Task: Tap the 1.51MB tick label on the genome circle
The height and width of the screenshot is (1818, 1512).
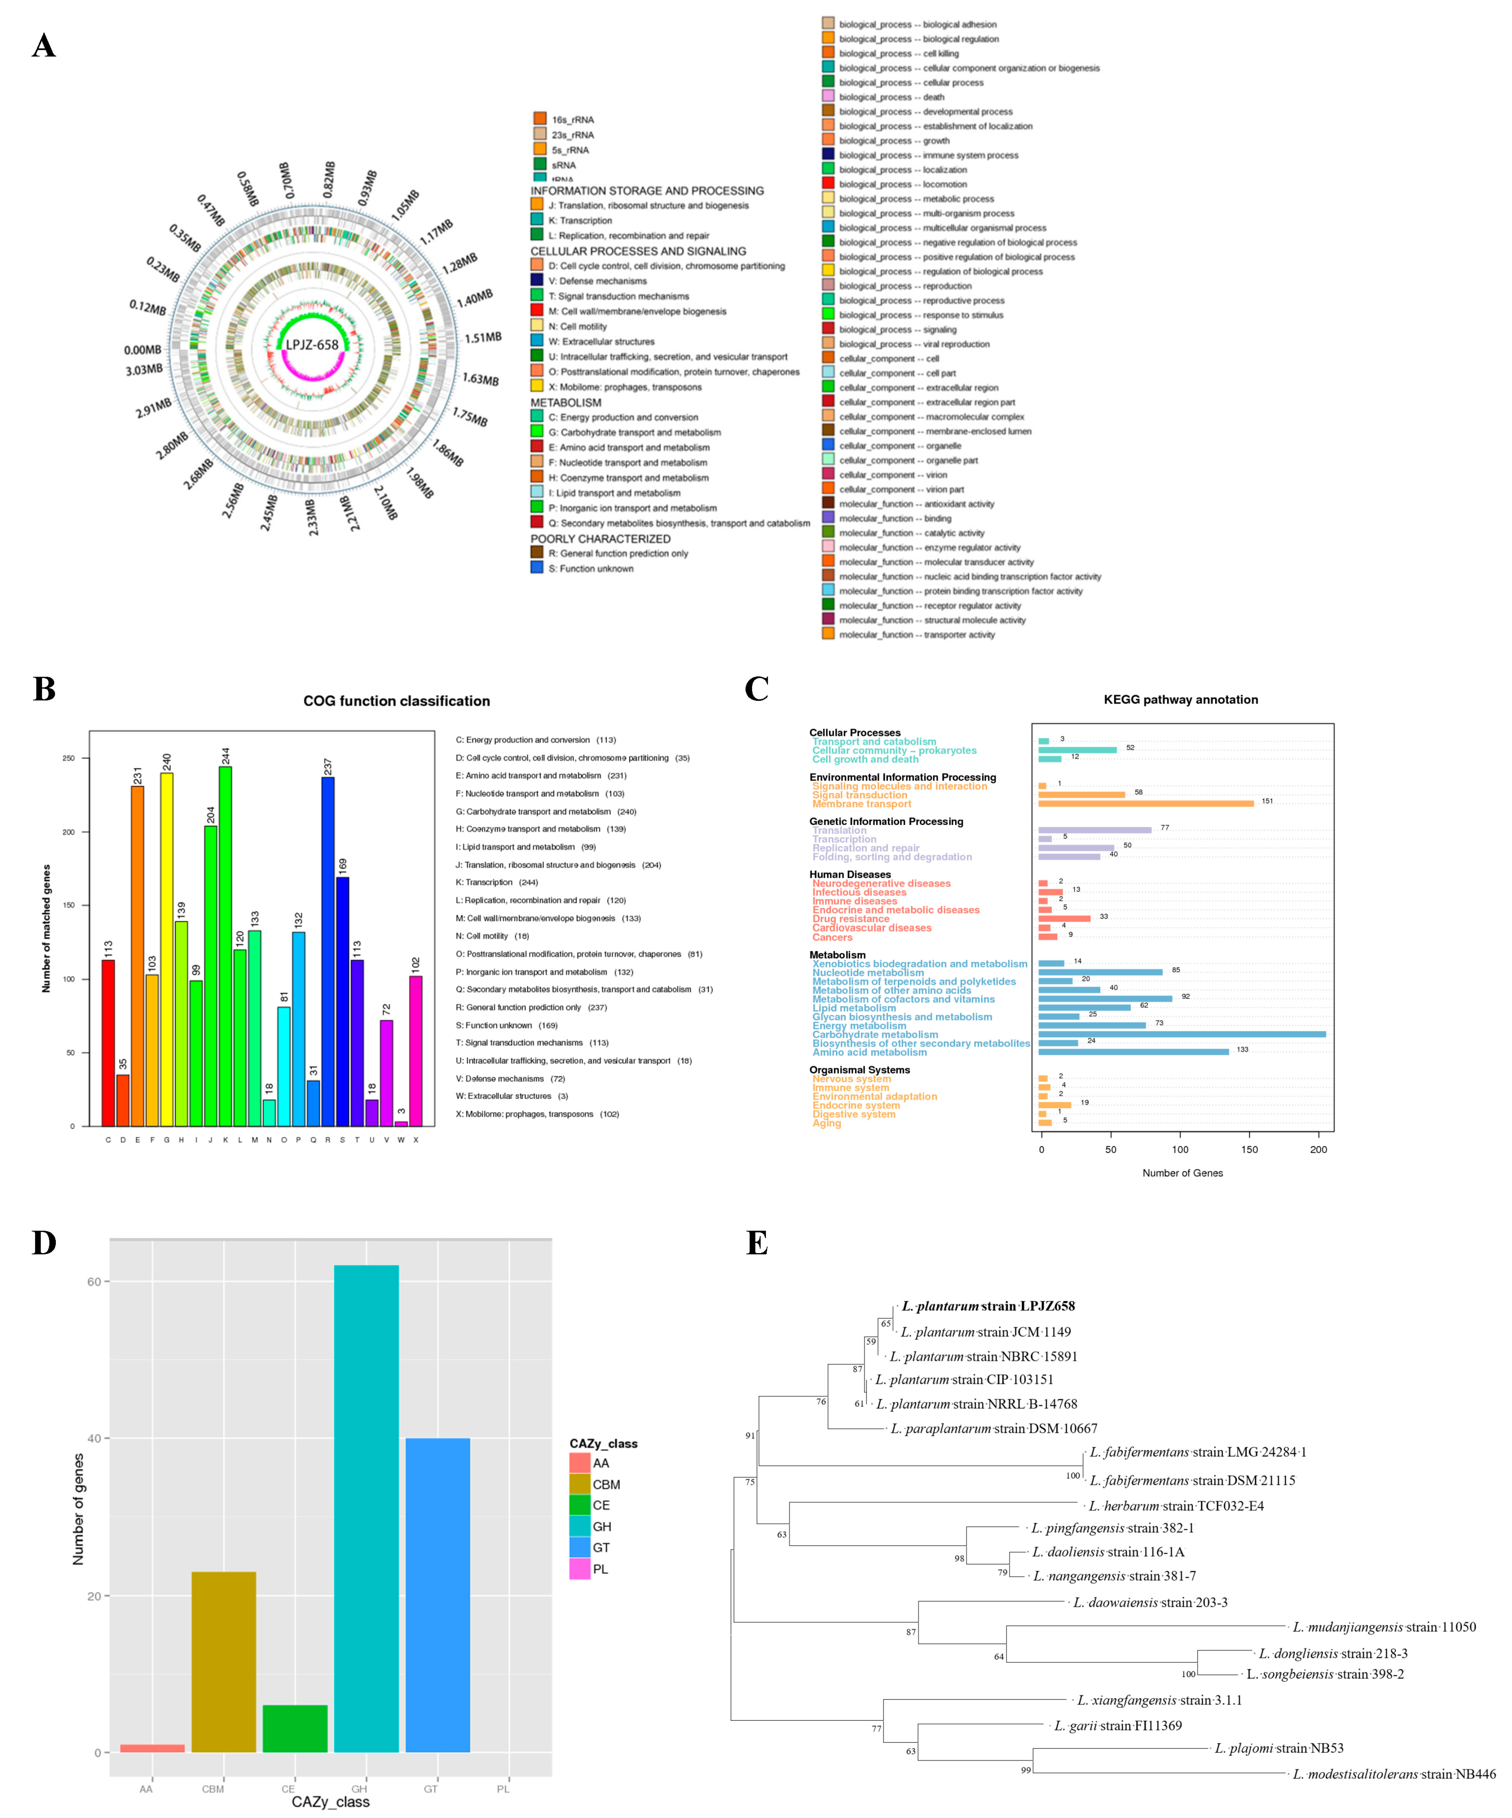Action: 482,338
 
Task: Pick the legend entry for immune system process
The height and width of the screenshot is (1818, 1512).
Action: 928,155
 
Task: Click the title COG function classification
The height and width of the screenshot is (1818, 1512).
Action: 396,701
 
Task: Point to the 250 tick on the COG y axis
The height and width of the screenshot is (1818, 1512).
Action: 69,758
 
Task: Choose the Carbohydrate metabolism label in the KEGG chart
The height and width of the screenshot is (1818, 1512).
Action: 874,1034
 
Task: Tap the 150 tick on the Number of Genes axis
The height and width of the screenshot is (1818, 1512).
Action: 1249,1150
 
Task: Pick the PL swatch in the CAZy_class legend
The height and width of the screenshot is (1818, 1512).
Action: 579,1569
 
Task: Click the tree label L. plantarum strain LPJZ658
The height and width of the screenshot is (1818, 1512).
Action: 988,1306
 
